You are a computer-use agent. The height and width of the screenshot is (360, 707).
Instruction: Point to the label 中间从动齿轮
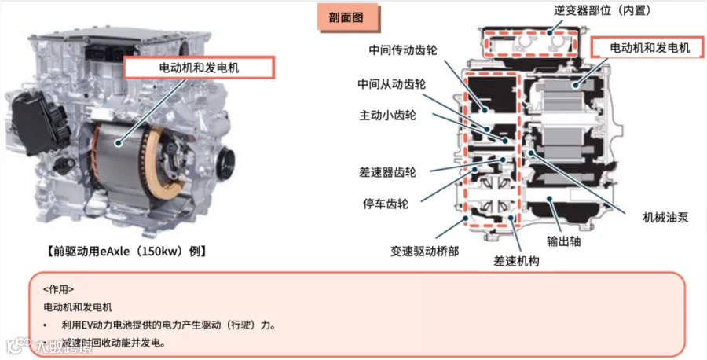click(x=391, y=84)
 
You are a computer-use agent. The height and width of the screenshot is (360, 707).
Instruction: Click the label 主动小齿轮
click(x=387, y=116)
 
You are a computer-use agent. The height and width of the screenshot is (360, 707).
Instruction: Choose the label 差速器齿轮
click(x=387, y=171)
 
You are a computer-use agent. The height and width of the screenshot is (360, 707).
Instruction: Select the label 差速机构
click(x=516, y=260)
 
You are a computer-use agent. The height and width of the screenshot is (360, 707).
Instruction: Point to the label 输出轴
click(x=563, y=241)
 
